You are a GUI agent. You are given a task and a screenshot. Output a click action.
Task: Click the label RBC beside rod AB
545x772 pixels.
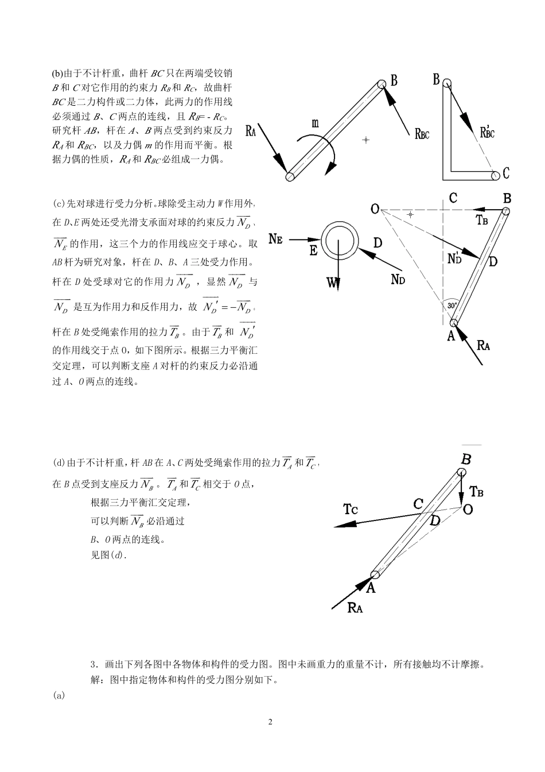tap(421, 134)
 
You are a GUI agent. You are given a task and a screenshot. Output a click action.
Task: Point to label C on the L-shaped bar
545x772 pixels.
tap(505, 172)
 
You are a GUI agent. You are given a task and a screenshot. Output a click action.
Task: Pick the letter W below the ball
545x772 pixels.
tap(332, 282)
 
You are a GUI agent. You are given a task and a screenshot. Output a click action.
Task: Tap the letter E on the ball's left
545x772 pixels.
tap(314, 251)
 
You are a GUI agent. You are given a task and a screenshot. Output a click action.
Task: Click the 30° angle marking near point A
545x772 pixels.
tap(452, 306)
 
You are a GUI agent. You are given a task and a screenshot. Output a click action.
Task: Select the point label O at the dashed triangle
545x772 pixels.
tap(375, 209)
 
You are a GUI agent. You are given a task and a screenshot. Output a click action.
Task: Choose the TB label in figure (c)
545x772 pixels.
tap(482, 219)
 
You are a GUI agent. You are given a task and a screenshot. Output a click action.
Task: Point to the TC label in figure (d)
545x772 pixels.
tap(351, 508)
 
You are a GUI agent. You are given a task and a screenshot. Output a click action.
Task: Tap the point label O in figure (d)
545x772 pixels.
tap(468, 509)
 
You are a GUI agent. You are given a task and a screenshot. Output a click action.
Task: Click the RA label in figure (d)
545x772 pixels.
tap(355, 608)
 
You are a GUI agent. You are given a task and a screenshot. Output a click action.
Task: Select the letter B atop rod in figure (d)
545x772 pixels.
tap(466, 459)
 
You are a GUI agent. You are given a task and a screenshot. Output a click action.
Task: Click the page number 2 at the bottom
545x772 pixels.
tap(270, 722)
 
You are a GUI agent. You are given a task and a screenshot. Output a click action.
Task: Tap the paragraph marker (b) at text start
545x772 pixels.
tap(57, 74)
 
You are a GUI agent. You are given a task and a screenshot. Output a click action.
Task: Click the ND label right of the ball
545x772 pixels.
tap(398, 279)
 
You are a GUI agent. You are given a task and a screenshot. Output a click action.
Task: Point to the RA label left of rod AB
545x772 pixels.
tap(251, 131)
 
